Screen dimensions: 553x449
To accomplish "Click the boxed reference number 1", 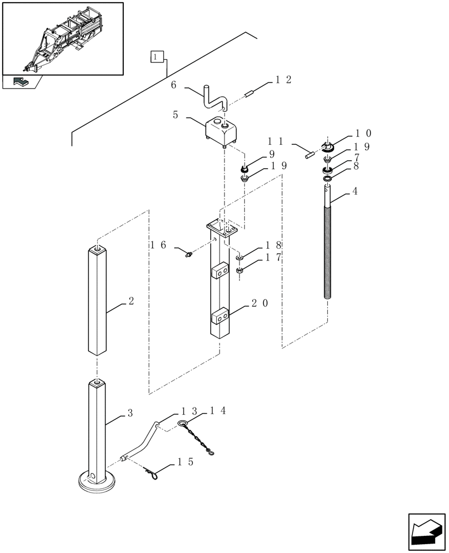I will [x=157, y=57].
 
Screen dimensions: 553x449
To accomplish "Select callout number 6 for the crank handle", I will [x=174, y=85].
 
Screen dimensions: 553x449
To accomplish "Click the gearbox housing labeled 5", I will [x=222, y=133].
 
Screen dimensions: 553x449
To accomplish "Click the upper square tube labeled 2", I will [x=97, y=301].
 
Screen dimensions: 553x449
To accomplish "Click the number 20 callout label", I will [x=260, y=304].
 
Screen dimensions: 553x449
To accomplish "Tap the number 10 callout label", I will [x=363, y=133].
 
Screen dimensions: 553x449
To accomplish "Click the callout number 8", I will [x=356, y=165].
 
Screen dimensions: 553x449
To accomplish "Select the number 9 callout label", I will [x=272, y=154].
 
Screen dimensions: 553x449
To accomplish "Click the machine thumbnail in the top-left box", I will [x=62, y=38].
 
